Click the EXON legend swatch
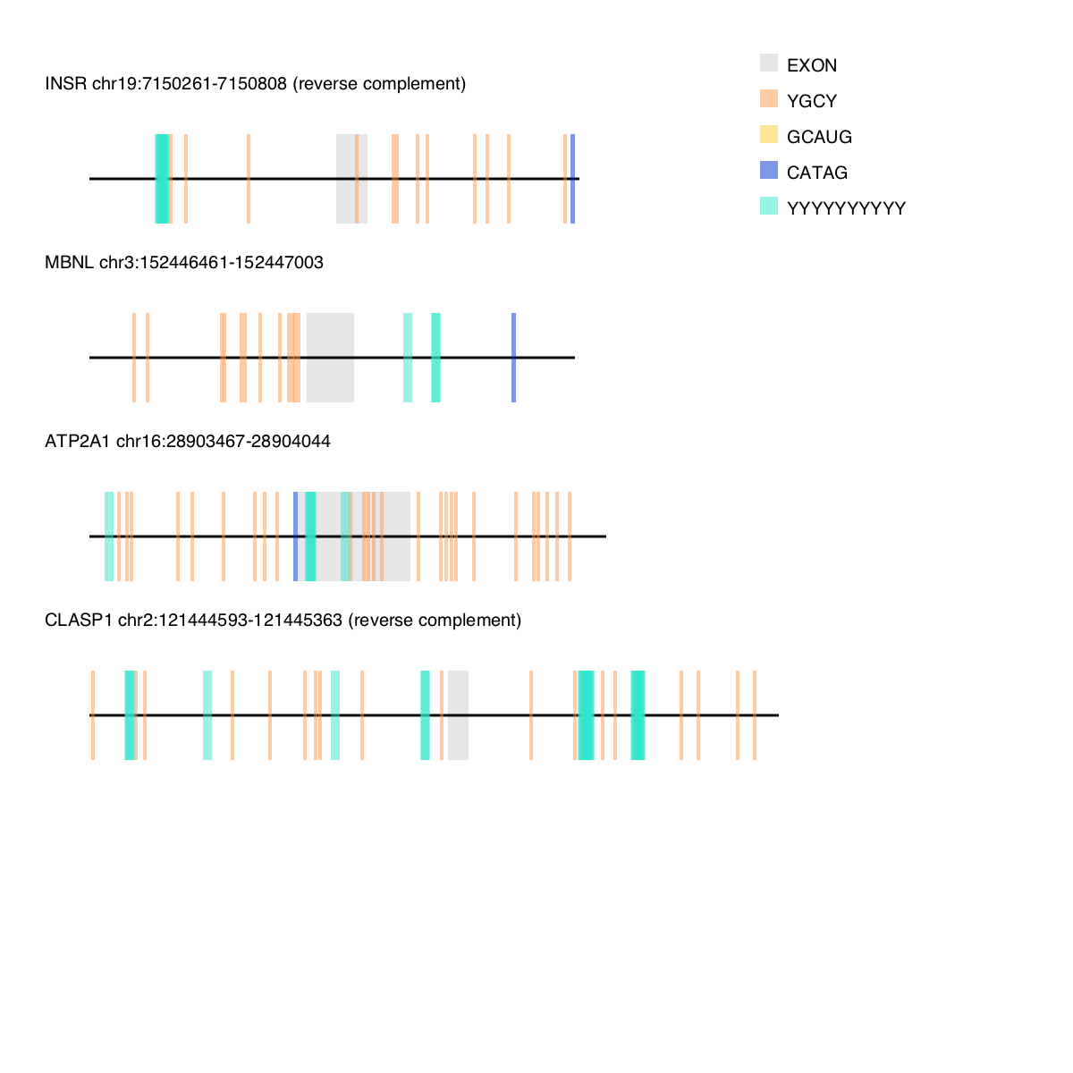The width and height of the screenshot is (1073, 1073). coord(769,63)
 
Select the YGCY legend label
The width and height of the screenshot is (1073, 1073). coord(812,101)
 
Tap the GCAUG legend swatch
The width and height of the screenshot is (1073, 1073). coord(769,134)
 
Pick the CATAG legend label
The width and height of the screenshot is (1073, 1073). coord(817,173)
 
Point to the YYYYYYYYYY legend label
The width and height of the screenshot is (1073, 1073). coord(846,208)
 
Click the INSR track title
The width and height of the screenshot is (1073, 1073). coord(255,84)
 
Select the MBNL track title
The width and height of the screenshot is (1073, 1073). coord(184,263)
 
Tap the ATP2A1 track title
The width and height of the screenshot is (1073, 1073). coord(188,442)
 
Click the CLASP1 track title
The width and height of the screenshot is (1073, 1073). coord(283,621)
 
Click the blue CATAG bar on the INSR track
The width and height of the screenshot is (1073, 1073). coord(572,179)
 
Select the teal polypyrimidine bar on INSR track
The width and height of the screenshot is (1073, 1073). coord(162,179)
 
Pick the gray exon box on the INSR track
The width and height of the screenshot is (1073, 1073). coord(346,179)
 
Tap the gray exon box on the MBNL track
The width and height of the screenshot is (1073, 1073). coord(330,358)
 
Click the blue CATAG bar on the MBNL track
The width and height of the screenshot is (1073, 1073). coord(513,358)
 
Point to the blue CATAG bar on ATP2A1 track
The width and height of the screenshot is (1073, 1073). coord(296,536)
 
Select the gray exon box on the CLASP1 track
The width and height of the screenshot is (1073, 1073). coord(458,715)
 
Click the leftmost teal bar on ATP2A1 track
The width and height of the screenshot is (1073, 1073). coord(109,536)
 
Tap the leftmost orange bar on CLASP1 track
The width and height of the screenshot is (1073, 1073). coord(93,715)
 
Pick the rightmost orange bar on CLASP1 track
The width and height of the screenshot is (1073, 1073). coord(755,715)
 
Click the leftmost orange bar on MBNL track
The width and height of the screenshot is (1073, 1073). coord(134,358)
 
